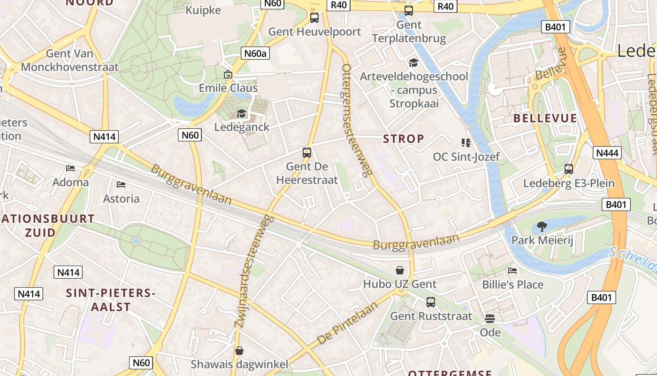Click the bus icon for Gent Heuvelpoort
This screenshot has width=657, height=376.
pos(314,18)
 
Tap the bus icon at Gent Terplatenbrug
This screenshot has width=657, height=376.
pos(409,10)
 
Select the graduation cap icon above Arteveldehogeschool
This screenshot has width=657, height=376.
pos(413,63)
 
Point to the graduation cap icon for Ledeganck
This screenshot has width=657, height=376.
pos(241,113)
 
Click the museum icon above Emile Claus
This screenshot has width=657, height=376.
pos(228,74)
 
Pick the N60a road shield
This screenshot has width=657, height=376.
pos(255,54)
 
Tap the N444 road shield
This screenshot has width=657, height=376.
pos(607,152)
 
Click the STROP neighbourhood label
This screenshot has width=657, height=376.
pos(404,139)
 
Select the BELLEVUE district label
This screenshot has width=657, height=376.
pos(545,118)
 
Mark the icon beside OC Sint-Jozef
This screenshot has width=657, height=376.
pos(466,142)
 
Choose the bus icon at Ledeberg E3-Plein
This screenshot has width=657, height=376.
pos(569,169)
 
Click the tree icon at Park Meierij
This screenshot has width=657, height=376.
pos(542,227)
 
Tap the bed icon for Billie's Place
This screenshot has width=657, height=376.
pos(512,270)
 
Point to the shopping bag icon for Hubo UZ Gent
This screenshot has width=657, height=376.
pos(400,270)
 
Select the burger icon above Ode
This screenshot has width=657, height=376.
pos(490,319)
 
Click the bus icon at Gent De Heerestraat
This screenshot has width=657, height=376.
pos(307,152)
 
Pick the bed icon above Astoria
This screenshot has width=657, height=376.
pos(121,184)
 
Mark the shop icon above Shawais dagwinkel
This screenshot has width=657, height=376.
pos(239,350)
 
